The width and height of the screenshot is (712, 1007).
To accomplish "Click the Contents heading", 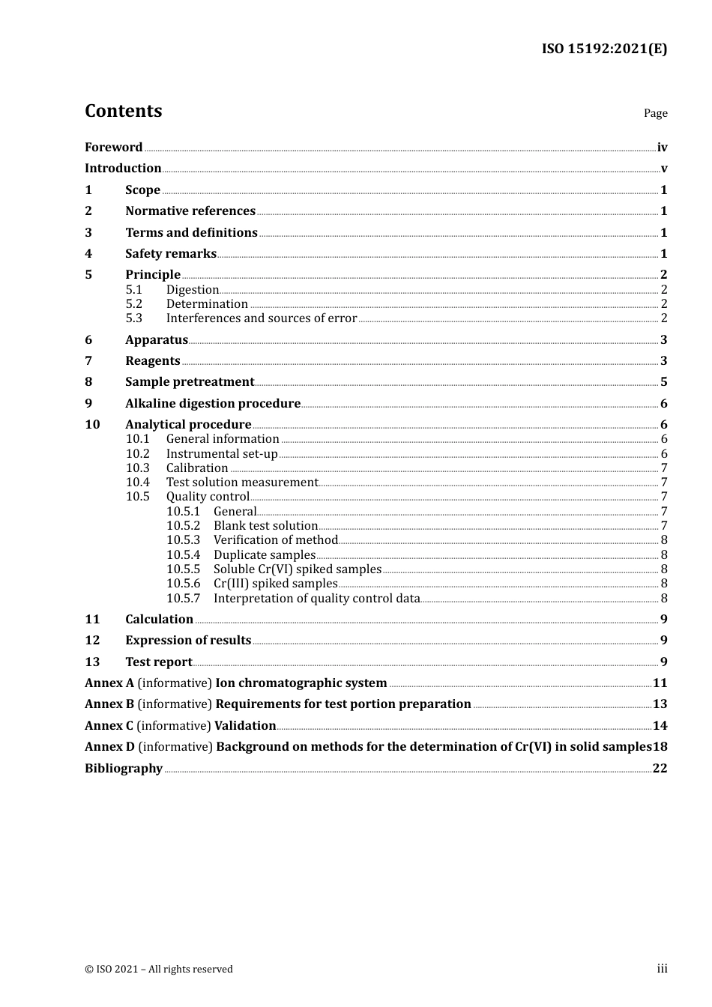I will [123, 111].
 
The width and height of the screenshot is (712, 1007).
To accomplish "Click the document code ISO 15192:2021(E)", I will [604, 49].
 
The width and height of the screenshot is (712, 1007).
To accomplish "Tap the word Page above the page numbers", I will [655, 113].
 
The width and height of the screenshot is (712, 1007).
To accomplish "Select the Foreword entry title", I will [113, 148].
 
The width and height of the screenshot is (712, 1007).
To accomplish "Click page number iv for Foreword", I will [662, 148].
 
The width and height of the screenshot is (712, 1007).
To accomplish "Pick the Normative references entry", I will [190, 211].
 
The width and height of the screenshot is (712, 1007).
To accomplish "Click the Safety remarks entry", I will [171, 254].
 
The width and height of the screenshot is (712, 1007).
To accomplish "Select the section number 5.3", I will [134, 318].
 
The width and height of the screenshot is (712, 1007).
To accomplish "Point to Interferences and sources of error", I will [261, 318].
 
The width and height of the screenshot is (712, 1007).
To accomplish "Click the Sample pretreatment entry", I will [190, 382].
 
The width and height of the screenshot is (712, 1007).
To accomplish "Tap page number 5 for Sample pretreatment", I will [663, 382].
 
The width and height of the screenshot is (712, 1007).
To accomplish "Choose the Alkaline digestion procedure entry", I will [213, 404].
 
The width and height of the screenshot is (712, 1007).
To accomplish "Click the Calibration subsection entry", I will [197, 468].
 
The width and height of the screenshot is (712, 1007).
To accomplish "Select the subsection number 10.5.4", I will [184, 555].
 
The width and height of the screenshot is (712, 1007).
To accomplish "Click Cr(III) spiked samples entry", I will [275, 584].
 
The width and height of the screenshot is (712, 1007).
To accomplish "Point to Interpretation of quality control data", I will [316, 599].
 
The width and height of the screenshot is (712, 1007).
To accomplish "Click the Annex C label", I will [109, 726].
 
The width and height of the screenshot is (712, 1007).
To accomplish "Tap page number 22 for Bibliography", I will [660, 769].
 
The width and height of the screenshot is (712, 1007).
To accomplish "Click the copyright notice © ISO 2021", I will [159, 970].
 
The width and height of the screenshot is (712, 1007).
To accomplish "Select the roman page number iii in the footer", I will [662, 969].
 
